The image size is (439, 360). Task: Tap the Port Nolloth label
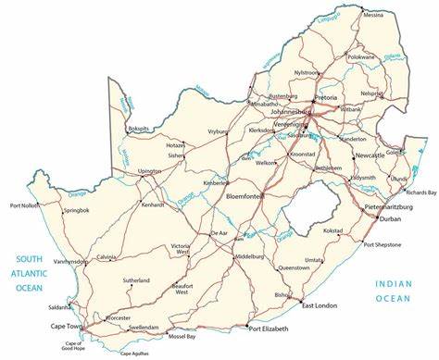24,205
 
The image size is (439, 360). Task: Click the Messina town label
372,15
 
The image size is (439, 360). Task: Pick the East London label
319,304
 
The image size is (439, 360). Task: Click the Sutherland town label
135,279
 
